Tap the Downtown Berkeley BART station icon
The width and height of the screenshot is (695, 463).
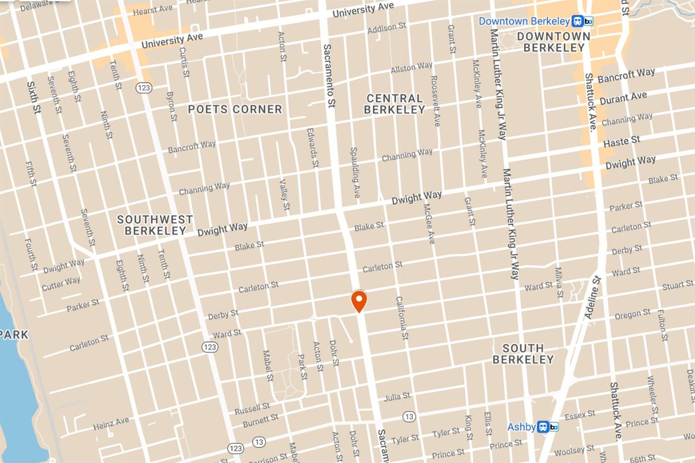582,21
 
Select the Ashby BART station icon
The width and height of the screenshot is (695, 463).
547,427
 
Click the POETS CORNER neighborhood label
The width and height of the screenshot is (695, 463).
235,109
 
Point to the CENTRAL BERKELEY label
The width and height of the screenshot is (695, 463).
394,104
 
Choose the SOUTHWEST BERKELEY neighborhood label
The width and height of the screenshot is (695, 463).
155,225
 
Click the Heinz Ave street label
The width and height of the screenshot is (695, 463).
111,424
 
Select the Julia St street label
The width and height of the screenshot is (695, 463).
397,397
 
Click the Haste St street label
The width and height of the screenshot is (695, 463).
621,141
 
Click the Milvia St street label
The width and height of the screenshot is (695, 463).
558,282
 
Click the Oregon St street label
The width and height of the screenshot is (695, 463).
632,314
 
